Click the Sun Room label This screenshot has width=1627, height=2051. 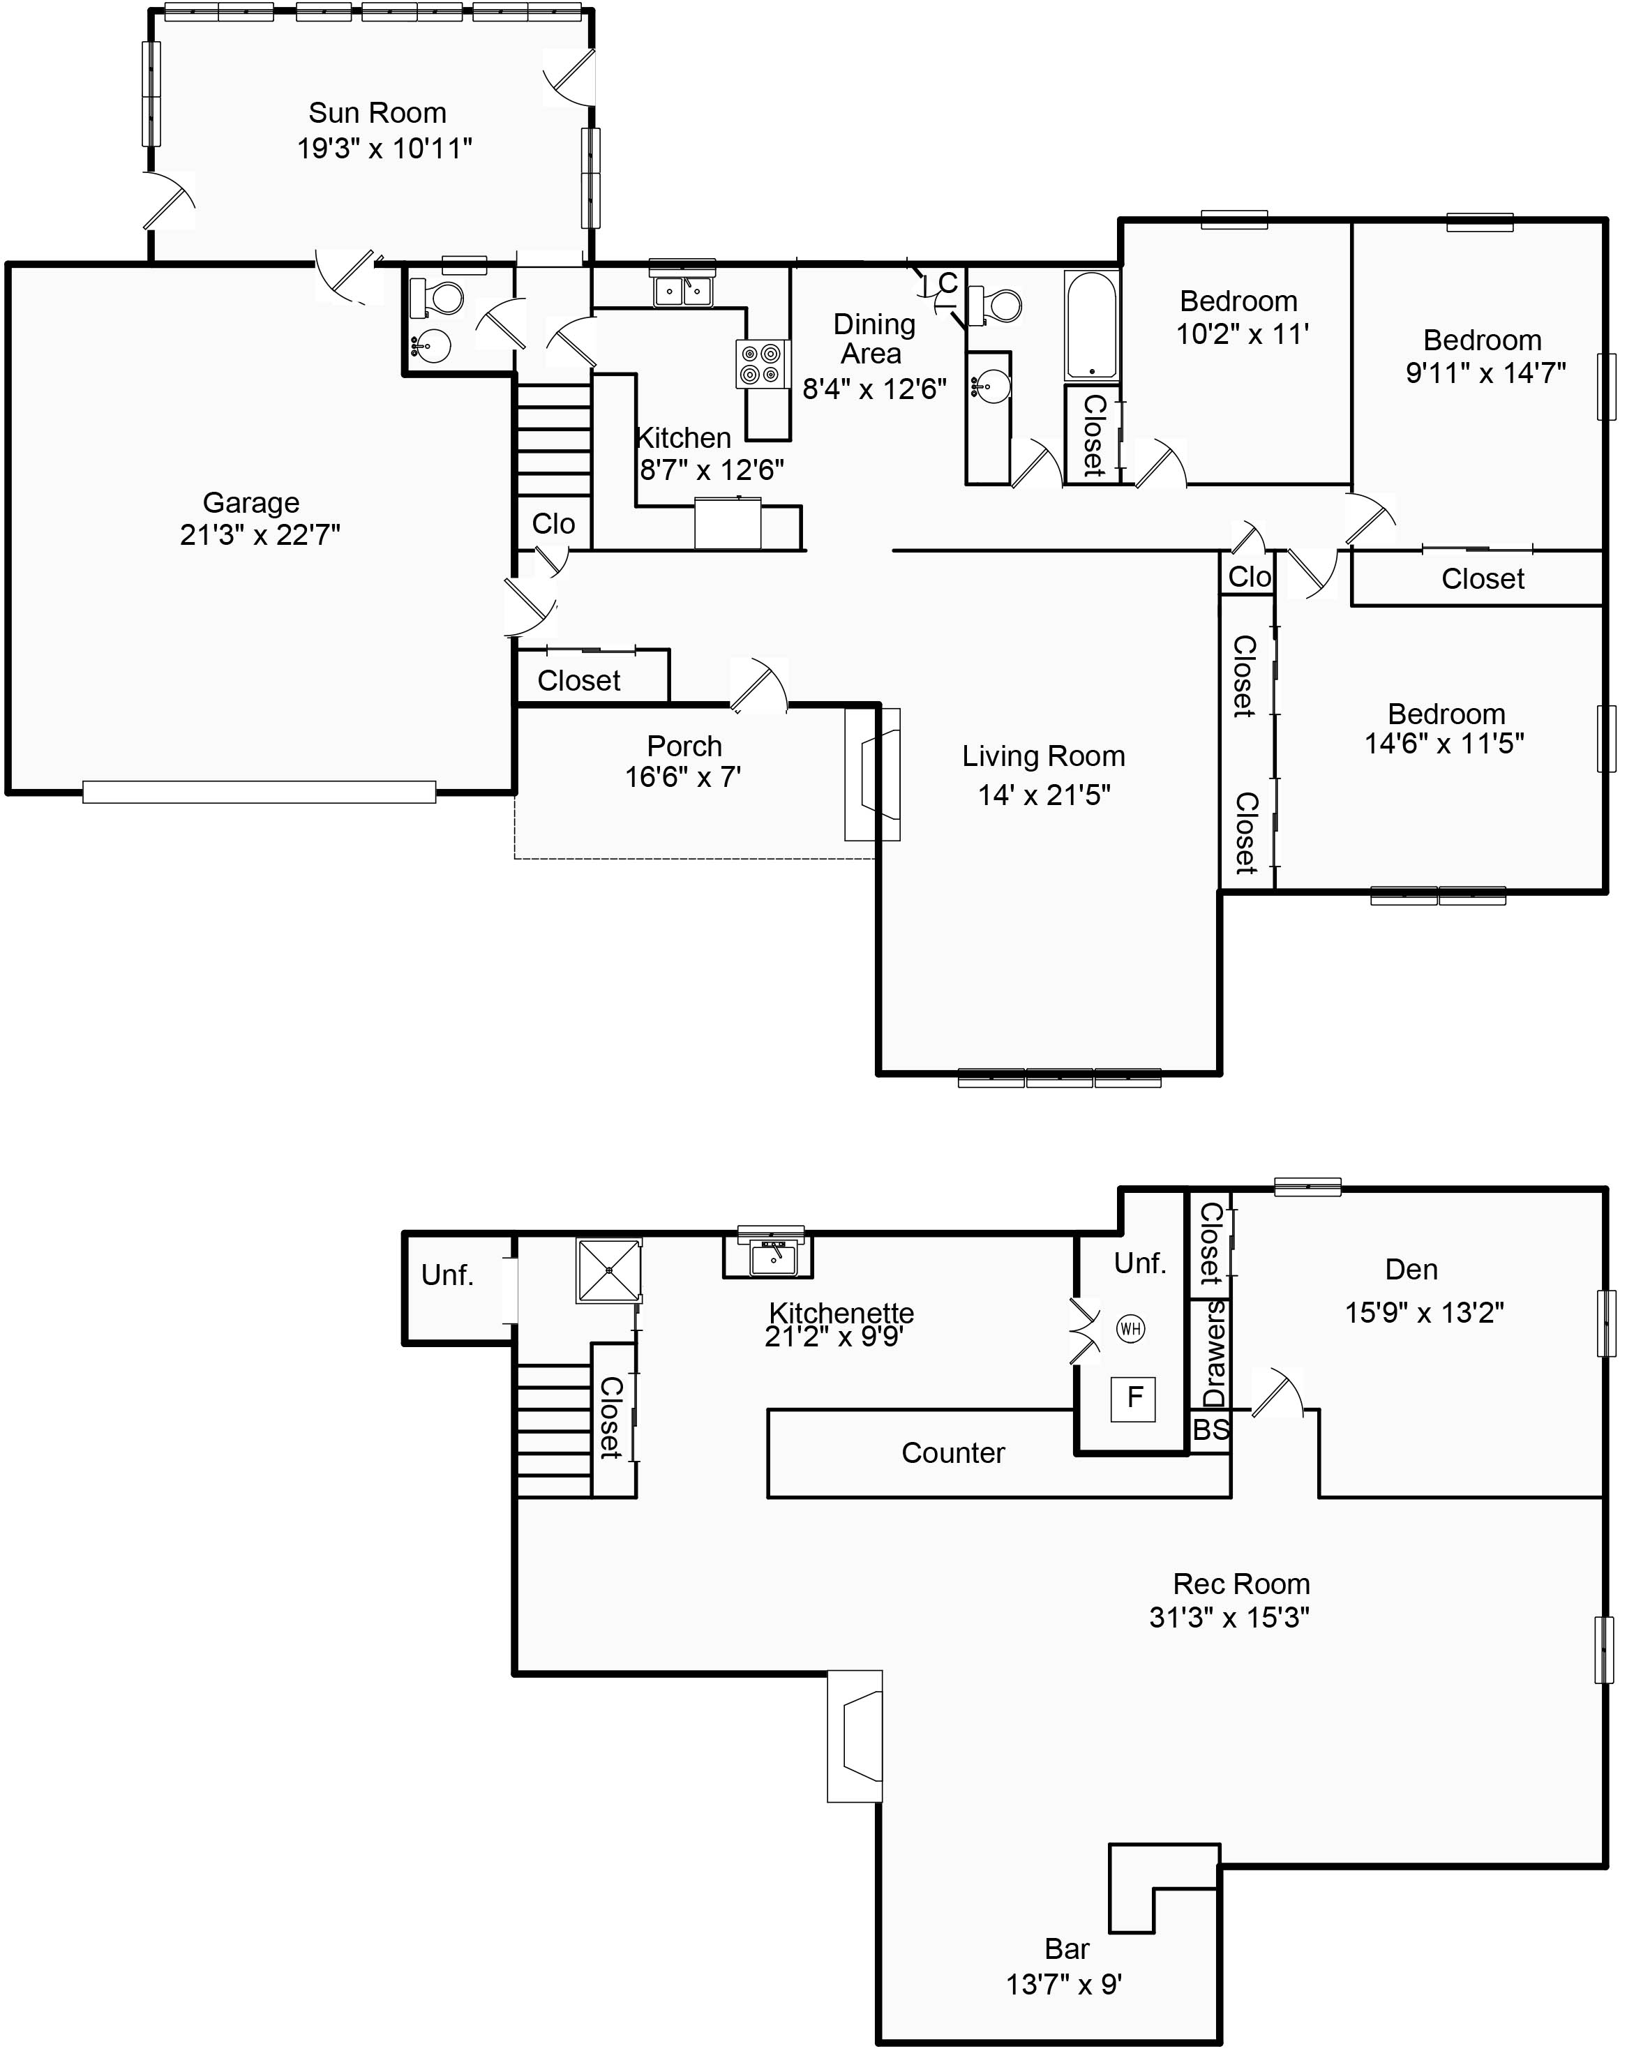[x=377, y=113]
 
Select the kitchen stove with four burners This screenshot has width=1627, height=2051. [x=762, y=364]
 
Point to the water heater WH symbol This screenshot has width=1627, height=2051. [x=1130, y=1328]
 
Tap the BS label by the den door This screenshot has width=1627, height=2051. [x=1210, y=1429]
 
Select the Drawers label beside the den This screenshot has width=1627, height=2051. [x=1213, y=1353]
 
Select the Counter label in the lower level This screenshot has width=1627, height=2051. [x=952, y=1452]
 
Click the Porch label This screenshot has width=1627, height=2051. [x=684, y=746]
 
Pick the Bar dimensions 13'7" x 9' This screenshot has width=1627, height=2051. [x=1064, y=1985]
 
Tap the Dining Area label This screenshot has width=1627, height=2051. [x=873, y=338]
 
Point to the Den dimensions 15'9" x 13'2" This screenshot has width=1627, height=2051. [x=1423, y=1313]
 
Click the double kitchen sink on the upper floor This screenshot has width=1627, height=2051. [x=682, y=290]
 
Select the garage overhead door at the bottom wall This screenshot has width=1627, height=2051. [x=259, y=792]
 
